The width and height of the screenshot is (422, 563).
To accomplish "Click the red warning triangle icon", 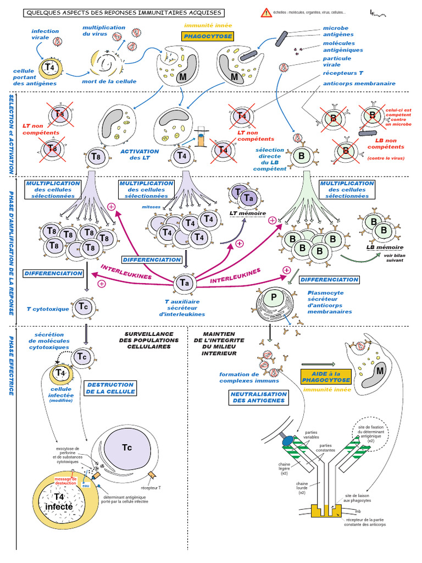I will (266, 12).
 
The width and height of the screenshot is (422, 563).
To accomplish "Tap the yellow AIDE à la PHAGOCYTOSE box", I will (325, 376).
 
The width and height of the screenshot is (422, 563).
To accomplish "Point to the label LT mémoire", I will (247, 213).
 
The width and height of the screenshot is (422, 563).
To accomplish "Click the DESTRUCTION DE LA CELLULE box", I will (110, 388).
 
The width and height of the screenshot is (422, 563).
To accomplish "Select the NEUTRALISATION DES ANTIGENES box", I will (258, 398).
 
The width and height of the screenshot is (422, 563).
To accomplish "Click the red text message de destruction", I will (69, 481).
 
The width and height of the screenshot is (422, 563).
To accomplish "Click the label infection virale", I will (45, 35).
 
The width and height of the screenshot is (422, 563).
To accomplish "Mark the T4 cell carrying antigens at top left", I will (49, 67).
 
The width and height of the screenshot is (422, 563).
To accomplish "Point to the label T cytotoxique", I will (48, 309).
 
